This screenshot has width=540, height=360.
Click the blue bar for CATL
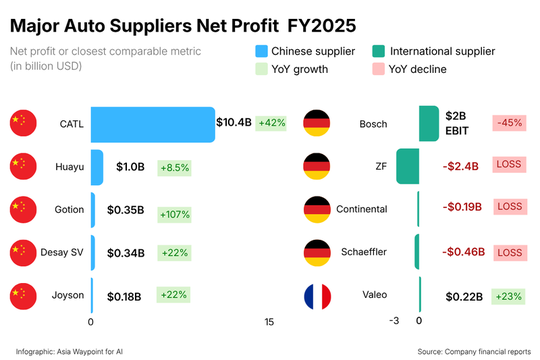tap(153, 124)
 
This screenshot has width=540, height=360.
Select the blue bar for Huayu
tap(97, 167)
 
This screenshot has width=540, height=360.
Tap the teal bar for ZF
tap(407, 165)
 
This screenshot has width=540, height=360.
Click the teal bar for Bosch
tap(428, 124)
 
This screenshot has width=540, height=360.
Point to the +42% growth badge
tap(272, 123)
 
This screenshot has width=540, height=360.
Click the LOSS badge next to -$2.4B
tap(510, 164)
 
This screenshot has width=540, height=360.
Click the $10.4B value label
tap(234, 123)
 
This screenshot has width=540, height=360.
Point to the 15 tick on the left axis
tap(269, 322)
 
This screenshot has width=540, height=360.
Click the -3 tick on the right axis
tap(395, 322)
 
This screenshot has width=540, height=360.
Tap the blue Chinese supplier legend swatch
tap(262, 50)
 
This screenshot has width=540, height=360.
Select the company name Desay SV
tap(63, 253)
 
